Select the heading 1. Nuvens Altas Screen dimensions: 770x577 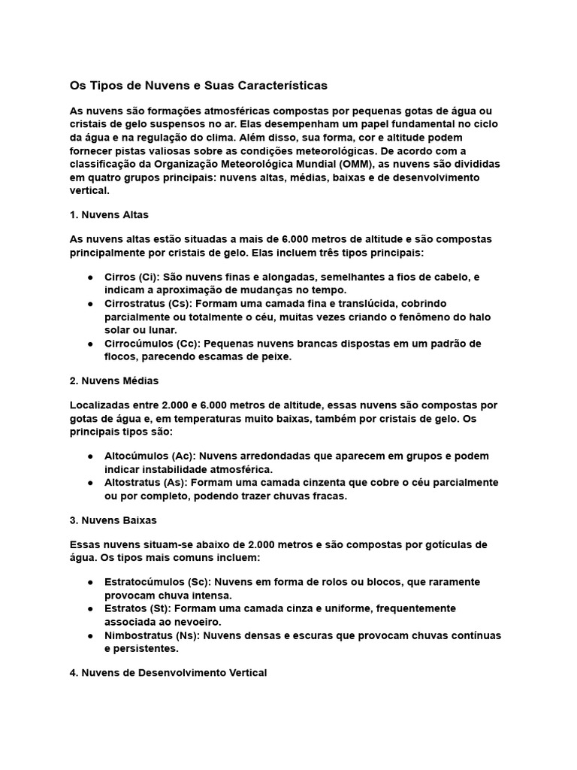(109, 214)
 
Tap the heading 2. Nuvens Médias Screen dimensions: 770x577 (113, 380)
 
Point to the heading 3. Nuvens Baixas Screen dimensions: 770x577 (113, 520)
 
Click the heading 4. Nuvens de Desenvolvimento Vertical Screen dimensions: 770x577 (168, 673)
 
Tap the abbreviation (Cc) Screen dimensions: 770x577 (188, 343)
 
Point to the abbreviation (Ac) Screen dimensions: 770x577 (182, 456)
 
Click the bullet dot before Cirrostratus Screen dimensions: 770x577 (89, 303)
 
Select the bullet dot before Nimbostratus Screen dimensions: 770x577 (89, 635)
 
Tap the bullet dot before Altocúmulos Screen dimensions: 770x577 (89, 456)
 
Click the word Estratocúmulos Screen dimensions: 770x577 (138, 582)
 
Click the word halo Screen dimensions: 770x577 (483, 317)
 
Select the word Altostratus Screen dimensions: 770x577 (131, 483)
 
